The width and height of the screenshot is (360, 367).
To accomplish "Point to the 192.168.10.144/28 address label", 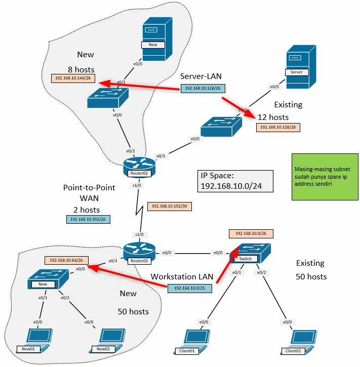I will (74, 78).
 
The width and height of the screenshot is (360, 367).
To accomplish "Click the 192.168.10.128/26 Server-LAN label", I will (202, 89).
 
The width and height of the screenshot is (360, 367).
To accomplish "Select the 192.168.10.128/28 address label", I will (278, 127).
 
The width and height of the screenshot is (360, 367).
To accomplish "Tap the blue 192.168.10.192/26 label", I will (88, 220).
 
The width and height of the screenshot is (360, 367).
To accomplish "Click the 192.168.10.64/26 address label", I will (67, 260).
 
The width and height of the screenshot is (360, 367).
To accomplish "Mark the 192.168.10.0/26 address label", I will (251, 234).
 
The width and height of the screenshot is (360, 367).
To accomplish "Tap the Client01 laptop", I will (189, 341).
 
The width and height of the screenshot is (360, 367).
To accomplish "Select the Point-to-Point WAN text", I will (89, 192).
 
